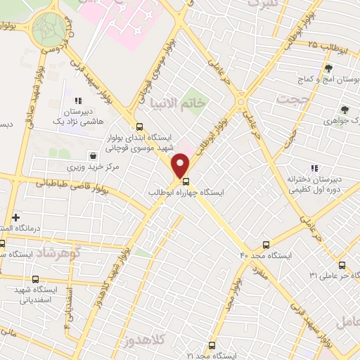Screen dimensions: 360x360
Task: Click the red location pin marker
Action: click(x=181, y=166)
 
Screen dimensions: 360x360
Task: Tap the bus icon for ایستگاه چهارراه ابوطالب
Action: click(x=186, y=179)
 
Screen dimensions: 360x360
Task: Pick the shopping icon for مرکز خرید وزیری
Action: click(x=94, y=155)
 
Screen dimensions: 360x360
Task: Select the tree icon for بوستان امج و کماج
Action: click(x=328, y=67)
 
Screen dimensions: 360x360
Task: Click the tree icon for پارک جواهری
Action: click(x=345, y=110)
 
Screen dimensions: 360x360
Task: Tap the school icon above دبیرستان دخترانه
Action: click(x=314, y=168)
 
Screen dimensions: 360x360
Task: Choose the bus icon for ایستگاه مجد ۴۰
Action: click(x=266, y=245)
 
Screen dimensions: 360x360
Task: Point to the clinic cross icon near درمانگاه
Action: click(x=15, y=218)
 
